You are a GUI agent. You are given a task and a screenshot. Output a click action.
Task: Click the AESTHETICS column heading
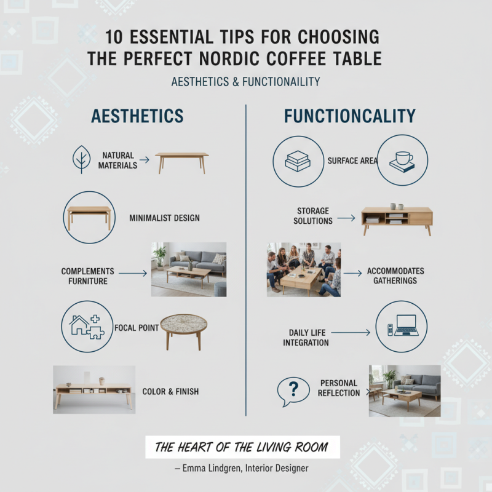[x=137, y=116]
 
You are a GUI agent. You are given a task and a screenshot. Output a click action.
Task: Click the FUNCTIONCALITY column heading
[x=349, y=116]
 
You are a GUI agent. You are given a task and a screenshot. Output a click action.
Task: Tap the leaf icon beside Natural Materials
[x=81, y=159]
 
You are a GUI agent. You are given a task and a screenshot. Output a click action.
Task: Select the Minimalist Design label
[x=164, y=218]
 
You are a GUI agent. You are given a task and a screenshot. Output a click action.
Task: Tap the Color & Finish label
[x=170, y=391]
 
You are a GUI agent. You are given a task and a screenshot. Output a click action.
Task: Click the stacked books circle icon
[x=297, y=161]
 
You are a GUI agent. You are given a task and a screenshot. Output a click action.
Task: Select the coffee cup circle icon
[x=402, y=161]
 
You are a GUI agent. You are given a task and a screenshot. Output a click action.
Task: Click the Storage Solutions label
[x=313, y=216]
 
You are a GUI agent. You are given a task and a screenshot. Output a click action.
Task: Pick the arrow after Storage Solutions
[x=346, y=218]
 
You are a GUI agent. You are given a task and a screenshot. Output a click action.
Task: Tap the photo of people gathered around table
[x=303, y=269]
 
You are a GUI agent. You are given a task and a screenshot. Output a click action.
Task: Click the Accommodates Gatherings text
[x=395, y=276]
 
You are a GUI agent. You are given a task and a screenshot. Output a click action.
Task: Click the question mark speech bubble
[x=293, y=390]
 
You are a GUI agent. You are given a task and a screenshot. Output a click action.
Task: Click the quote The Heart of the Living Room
[x=242, y=447]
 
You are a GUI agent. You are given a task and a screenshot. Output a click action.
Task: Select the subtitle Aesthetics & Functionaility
[x=245, y=82]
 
